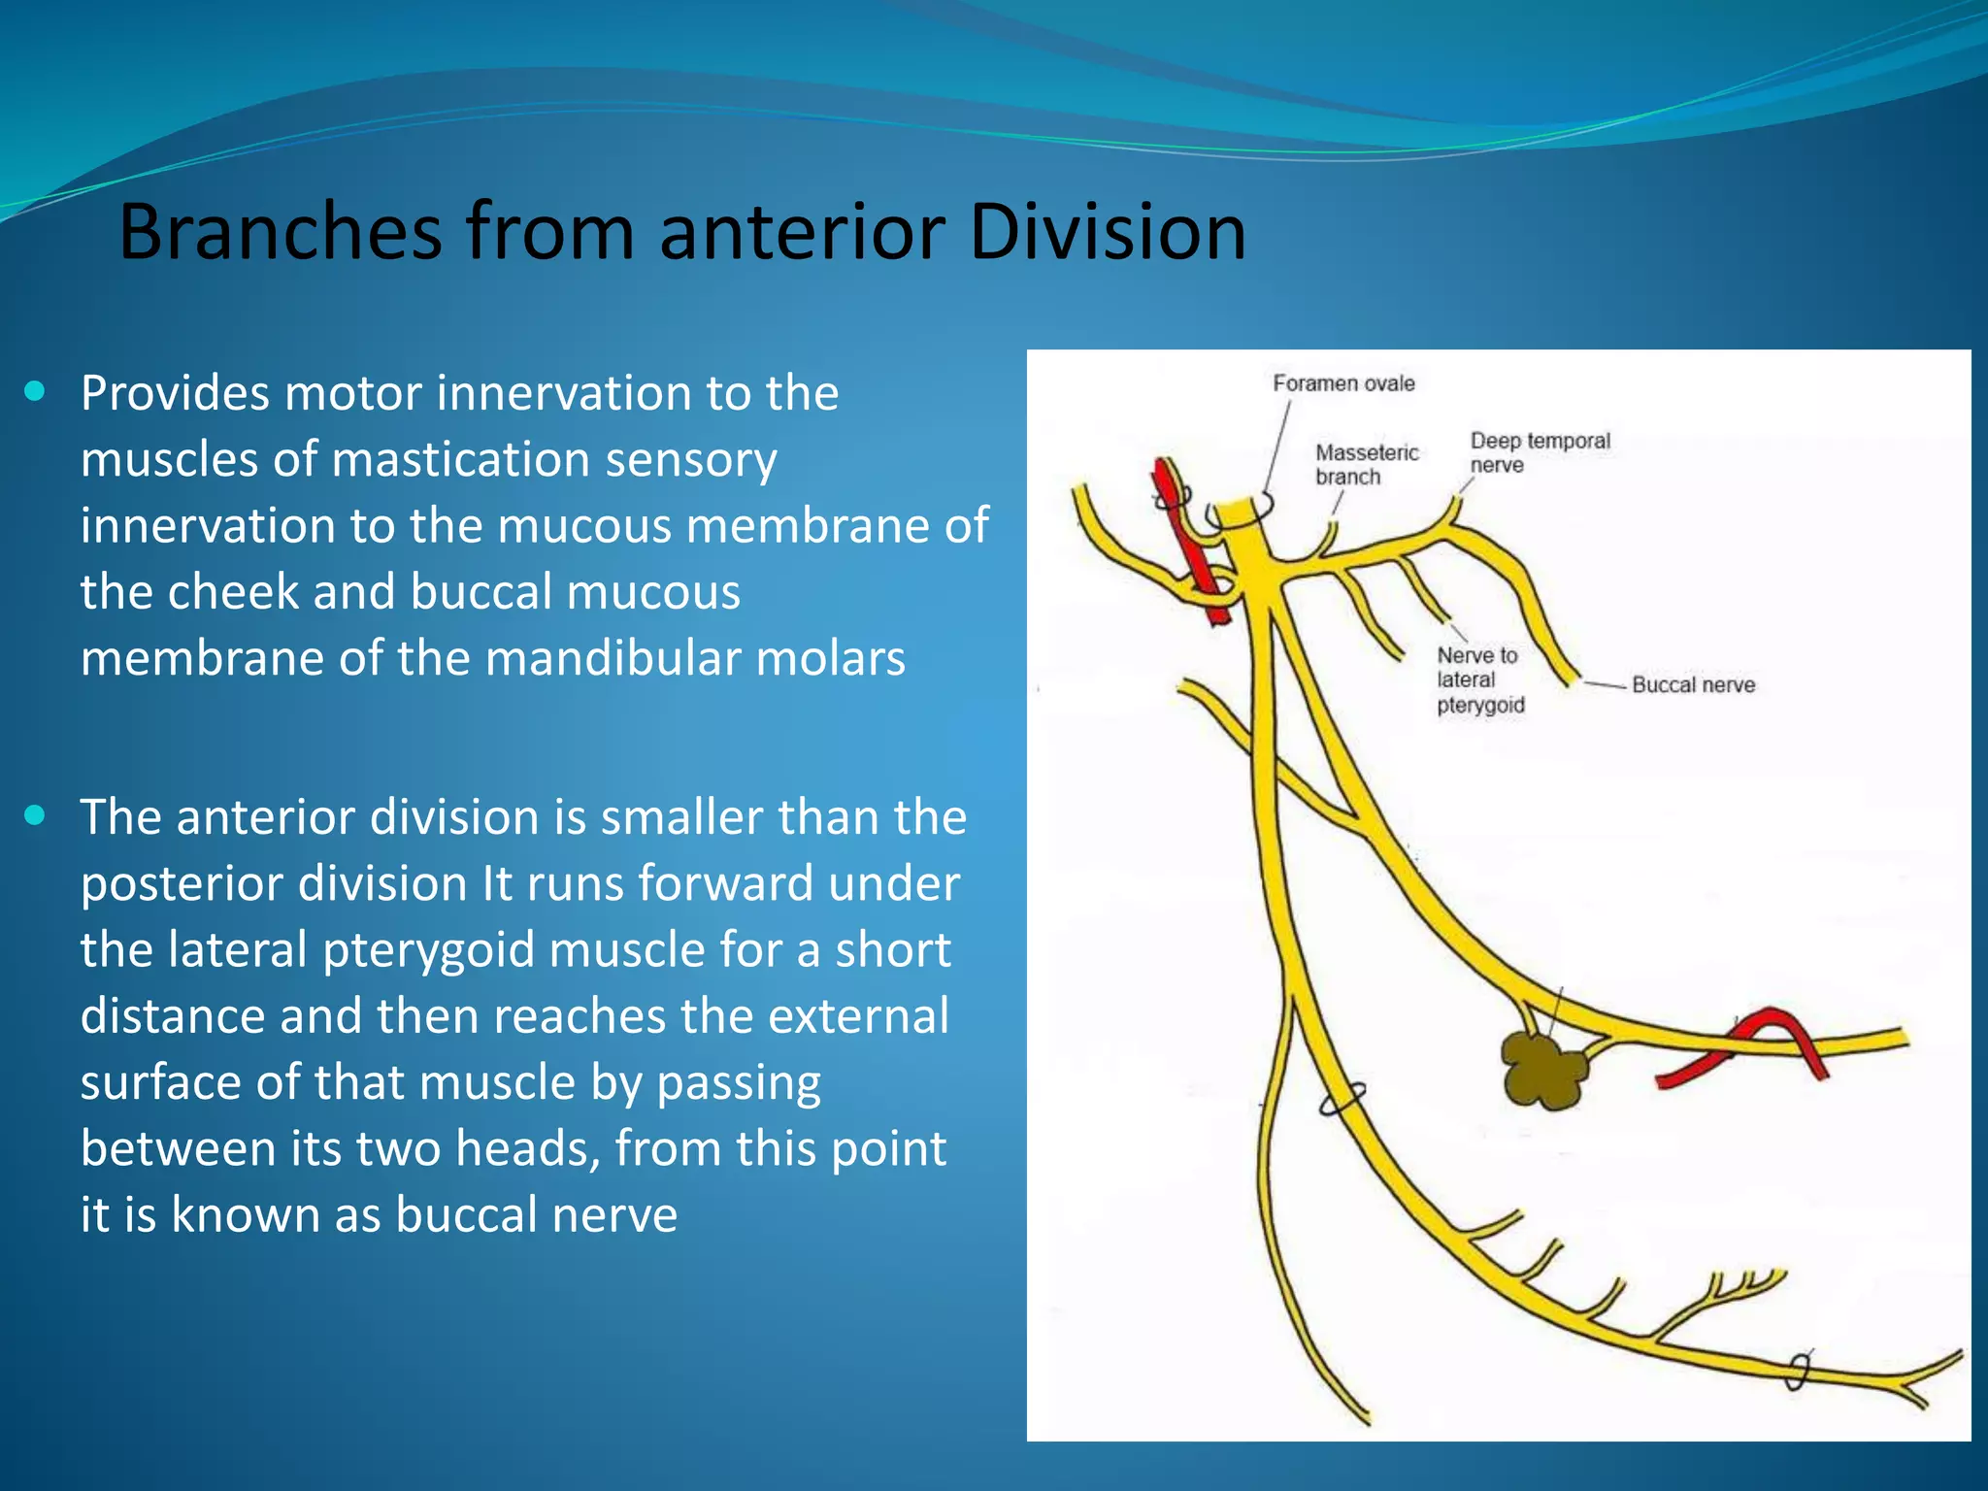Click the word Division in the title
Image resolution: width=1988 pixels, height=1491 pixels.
1107,233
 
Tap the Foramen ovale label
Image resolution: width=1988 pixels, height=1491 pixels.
1343,383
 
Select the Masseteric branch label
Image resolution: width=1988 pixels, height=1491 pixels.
1366,464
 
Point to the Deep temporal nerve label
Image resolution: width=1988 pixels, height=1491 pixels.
1539,452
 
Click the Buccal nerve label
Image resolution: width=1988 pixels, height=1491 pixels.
1693,685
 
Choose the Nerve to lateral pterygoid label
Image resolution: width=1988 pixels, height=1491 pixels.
1479,679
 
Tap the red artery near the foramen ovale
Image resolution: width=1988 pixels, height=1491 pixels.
1189,544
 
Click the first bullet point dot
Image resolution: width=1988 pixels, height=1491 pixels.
36,392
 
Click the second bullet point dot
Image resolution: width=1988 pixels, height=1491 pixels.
36,815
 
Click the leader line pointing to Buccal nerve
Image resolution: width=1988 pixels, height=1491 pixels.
1604,685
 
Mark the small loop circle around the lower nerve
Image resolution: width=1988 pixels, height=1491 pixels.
1342,1100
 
